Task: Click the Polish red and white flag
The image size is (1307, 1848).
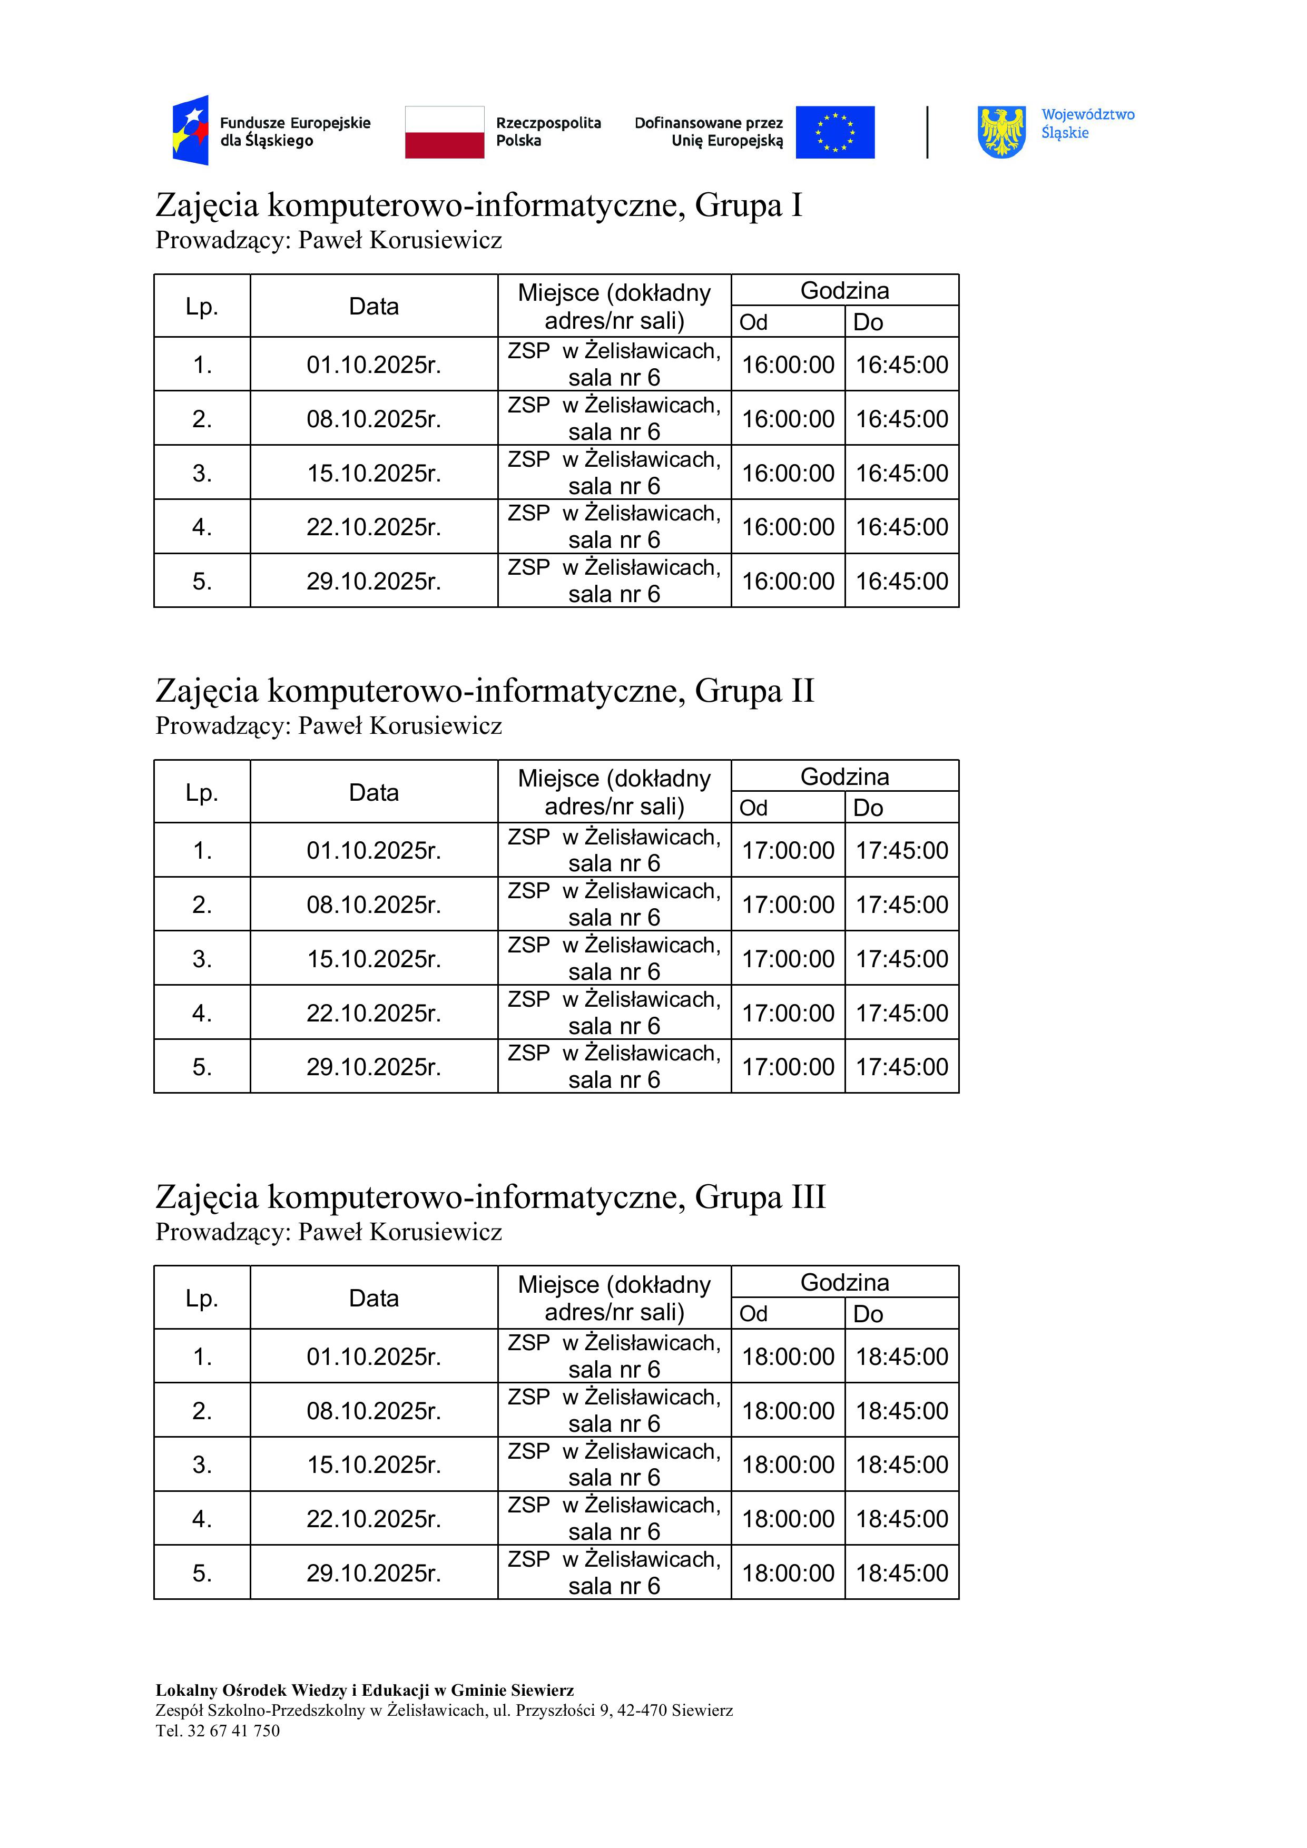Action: coord(444,132)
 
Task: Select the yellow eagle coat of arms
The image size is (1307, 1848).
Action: coord(1001,132)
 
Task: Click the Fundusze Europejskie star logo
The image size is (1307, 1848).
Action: coord(191,131)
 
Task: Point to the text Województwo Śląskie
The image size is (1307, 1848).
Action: coord(1087,124)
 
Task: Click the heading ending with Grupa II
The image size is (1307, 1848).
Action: coord(485,691)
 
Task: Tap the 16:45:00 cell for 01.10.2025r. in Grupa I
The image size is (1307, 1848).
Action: coord(901,365)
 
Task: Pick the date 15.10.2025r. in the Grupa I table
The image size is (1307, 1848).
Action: coord(374,473)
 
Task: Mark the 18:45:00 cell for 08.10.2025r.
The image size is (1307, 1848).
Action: coord(901,1411)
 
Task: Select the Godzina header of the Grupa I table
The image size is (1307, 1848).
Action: coord(844,291)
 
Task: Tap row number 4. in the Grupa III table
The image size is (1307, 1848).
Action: coord(202,1519)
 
